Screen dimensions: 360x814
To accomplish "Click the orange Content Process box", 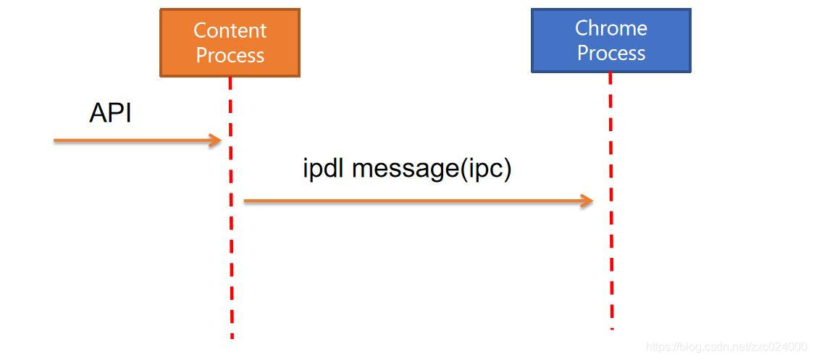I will click(x=230, y=42).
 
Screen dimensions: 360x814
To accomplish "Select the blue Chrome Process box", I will click(x=610, y=40).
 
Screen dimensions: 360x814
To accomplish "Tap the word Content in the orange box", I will click(x=230, y=30).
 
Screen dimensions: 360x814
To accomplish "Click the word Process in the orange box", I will click(x=230, y=55).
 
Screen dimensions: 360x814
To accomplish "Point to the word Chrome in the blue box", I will click(x=610, y=28).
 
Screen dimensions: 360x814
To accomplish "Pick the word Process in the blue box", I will click(x=610, y=53).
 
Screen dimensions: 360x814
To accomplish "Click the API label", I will click(x=110, y=113).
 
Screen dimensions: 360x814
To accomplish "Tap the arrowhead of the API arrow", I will click(x=216, y=141).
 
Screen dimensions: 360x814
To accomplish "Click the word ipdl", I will click(x=324, y=169).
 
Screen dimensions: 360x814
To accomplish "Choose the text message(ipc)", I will click(x=432, y=169).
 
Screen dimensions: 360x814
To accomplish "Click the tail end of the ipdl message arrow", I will click(x=246, y=201).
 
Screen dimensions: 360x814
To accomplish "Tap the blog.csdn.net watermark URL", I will click(x=726, y=347).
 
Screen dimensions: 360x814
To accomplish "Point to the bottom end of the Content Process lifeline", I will click(x=232, y=335).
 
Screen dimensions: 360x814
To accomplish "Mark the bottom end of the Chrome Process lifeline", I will click(x=612, y=327).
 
